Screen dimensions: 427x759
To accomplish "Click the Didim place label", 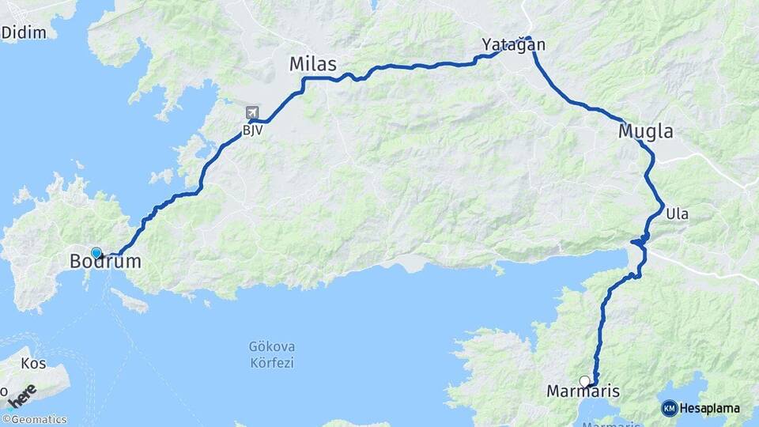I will pyautogui.click(x=25, y=32).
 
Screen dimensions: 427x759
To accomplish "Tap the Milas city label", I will pyautogui.click(x=313, y=64).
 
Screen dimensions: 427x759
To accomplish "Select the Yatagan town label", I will pyautogui.click(x=514, y=45).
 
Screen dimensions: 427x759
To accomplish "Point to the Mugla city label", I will pyautogui.click(x=646, y=132).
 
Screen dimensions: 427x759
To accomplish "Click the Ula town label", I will pyautogui.click(x=678, y=213).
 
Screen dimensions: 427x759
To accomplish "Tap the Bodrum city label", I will pyautogui.click(x=105, y=262).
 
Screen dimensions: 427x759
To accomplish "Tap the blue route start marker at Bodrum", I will pyautogui.click(x=96, y=253).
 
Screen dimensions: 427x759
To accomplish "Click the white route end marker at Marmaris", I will pyautogui.click(x=584, y=381).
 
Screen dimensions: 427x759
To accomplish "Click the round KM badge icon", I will pyautogui.click(x=670, y=409).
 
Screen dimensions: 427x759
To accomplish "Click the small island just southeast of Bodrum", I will pyautogui.click(x=130, y=300).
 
